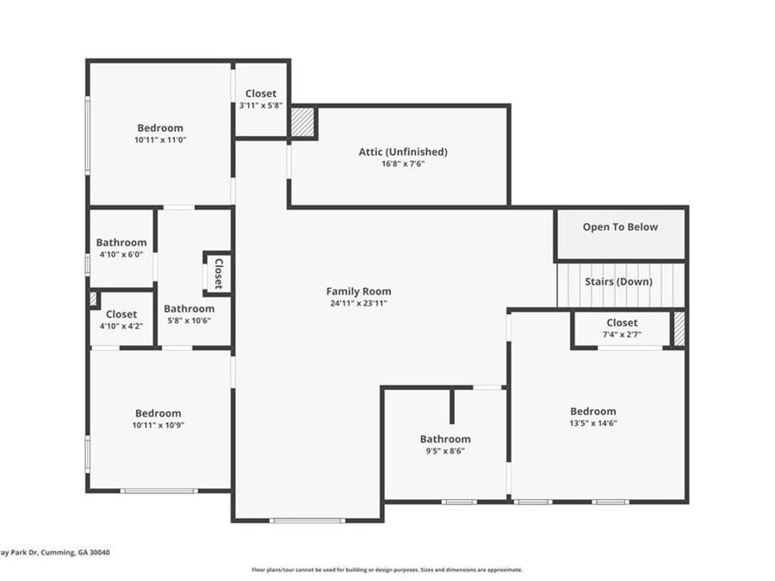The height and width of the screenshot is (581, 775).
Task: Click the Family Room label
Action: [358, 292]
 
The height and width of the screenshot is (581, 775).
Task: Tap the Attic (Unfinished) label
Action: [403, 151]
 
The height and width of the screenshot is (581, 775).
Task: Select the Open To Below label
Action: [620, 226]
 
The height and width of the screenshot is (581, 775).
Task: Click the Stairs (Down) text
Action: [618, 281]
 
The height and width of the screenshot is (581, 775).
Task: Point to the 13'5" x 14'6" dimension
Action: [593, 423]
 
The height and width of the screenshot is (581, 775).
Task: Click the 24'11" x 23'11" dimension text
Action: [358, 303]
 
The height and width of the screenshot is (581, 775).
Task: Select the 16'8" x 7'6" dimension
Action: [403, 164]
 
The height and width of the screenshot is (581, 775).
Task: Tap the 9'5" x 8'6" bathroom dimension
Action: [445, 450]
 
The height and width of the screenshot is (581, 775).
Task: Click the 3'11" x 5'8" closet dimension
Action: [261, 105]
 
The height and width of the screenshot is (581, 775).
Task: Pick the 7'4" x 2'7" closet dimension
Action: [622, 335]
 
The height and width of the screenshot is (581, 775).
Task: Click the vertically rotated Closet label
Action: [219, 274]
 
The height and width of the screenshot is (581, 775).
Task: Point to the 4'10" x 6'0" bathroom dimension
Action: [121, 255]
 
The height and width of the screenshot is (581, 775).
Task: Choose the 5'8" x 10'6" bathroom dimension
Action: [189, 320]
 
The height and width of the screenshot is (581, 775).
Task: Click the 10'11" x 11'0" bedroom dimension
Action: [160, 139]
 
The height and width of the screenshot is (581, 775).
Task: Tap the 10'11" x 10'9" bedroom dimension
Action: [158, 425]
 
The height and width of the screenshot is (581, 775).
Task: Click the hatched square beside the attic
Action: [302, 122]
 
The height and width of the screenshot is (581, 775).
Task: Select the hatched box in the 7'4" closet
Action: [679, 329]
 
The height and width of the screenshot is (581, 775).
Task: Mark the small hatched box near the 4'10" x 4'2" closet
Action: [93, 300]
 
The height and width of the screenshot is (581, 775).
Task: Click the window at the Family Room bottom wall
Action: [307, 520]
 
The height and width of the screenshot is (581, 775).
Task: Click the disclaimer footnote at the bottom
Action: [387, 570]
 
